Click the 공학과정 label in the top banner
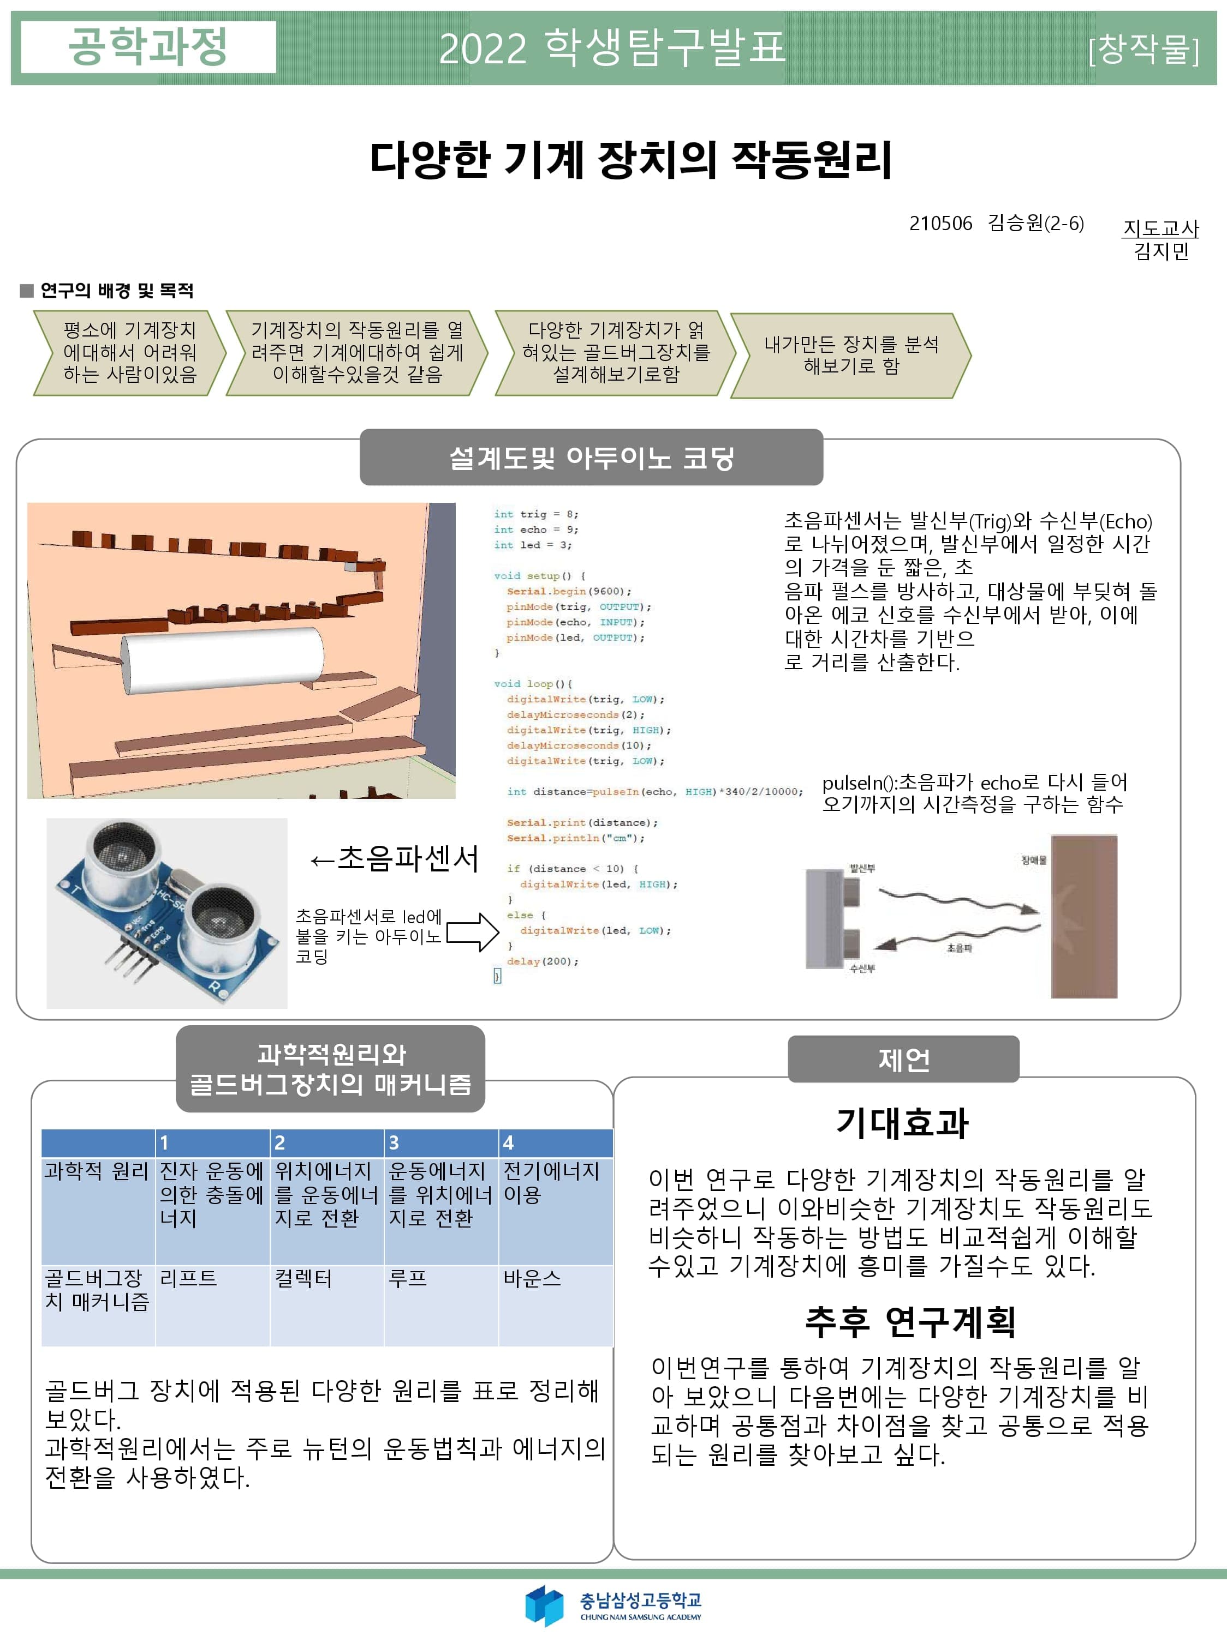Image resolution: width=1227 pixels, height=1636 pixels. [x=148, y=46]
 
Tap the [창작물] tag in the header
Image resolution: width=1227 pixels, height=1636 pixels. [x=1143, y=50]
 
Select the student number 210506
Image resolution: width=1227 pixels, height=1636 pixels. [x=940, y=224]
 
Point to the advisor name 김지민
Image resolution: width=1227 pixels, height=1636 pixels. [x=1161, y=251]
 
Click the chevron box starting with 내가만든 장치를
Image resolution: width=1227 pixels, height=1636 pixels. [x=850, y=356]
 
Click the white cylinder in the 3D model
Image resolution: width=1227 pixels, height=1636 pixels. [x=222, y=660]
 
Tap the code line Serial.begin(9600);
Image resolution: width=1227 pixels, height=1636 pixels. [x=569, y=591]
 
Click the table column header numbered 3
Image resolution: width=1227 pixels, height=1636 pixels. [x=440, y=1142]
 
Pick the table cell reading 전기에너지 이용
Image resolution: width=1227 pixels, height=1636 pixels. [x=555, y=1210]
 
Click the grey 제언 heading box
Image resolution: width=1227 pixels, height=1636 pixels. [x=903, y=1059]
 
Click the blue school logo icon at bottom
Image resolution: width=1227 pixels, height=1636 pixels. [x=544, y=1605]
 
